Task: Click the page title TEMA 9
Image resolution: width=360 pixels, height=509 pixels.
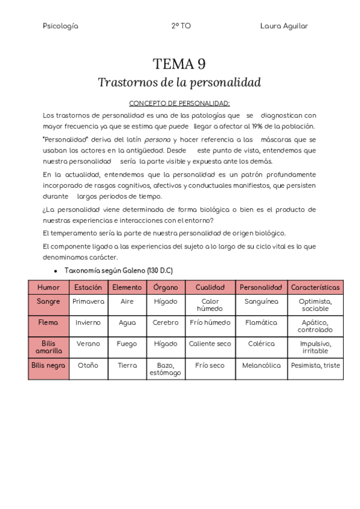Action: (179, 64)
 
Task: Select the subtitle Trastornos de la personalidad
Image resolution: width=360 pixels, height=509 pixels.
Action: (179, 82)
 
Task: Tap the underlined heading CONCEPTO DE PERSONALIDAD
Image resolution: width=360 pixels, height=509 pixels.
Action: (179, 103)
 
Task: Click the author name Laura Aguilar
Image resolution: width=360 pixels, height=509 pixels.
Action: (284, 26)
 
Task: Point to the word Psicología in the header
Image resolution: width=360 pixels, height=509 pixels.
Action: (61, 26)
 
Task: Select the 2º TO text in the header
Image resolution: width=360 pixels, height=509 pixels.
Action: (181, 26)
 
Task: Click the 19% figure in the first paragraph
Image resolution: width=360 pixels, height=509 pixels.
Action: (258, 127)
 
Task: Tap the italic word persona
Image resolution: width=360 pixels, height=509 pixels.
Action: (157, 139)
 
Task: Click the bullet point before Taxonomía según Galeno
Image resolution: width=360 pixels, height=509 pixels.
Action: (55, 271)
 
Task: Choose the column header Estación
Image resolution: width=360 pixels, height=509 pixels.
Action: (88, 288)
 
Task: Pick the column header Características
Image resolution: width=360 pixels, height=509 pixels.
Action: (315, 288)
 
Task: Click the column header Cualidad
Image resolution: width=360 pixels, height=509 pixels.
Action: (210, 288)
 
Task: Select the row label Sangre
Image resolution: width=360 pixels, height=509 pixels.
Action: (49, 301)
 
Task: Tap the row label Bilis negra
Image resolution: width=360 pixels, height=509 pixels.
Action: (49, 365)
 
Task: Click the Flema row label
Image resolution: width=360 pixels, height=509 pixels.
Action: (49, 322)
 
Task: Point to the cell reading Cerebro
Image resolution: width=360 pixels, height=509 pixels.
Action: (166, 322)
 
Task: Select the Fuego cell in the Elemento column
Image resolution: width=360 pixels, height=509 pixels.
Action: (127, 344)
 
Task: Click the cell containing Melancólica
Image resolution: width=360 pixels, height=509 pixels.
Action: (261, 365)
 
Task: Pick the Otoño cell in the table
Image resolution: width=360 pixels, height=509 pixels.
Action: (88, 365)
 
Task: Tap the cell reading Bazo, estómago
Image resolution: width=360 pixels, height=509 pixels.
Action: (166, 369)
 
